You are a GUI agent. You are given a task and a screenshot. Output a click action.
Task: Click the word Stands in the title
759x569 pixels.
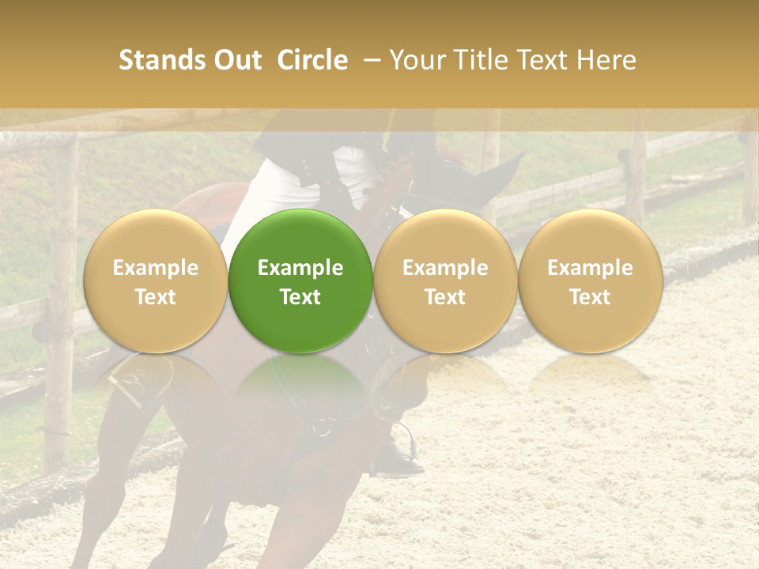coord(161,60)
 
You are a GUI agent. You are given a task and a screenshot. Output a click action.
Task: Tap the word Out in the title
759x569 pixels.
coord(236,60)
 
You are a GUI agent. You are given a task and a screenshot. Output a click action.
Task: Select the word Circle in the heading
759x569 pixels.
coord(312,60)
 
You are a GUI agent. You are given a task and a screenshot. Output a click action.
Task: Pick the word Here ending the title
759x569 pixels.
coord(606,60)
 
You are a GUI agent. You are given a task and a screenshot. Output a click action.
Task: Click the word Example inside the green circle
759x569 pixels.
coord(300,268)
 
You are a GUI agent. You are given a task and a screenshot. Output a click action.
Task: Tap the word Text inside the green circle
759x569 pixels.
coord(300,297)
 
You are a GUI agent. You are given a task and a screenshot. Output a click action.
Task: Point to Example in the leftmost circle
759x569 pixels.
coord(155,268)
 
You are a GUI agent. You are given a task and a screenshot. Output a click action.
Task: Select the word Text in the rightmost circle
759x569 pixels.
coord(590,297)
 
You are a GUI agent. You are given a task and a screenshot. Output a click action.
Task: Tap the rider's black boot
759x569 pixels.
coord(400,458)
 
